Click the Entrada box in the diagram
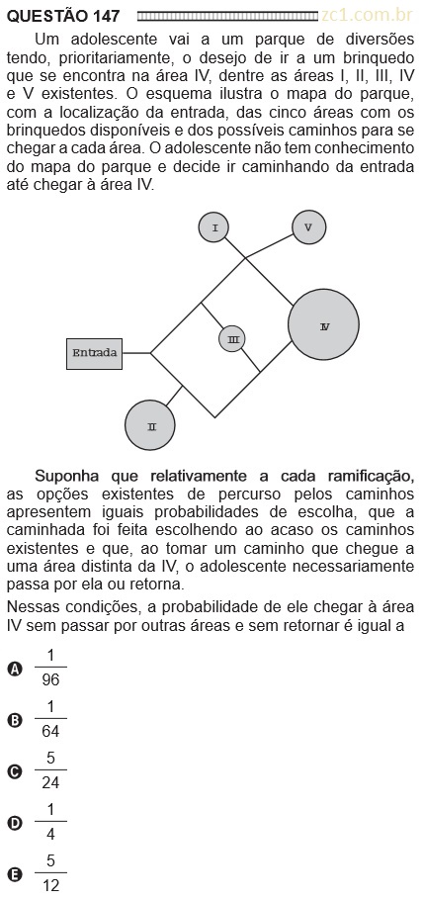point(94,353)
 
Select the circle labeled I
point(214,227)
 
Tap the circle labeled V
point(308,226)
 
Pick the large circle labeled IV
point(324,324)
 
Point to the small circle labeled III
point(232,339)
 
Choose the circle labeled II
point(150,425)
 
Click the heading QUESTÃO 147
point(63,16)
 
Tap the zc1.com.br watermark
point(368,16)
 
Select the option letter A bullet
point(15,669)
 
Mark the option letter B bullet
point(15,720)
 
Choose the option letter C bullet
point(15,772)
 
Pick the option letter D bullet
point(15,824)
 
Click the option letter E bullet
point(15,874)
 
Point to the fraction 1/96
point(50,668)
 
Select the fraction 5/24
point(50,770)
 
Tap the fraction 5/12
point(50,873)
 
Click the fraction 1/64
point(50,719)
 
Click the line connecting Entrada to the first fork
point(136,353)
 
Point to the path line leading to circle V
point(269,245)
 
